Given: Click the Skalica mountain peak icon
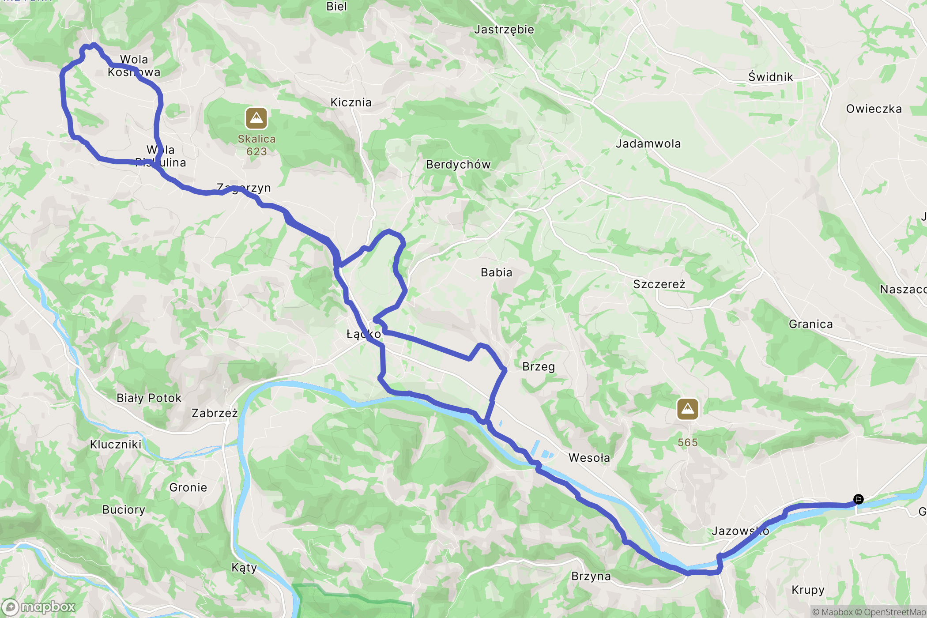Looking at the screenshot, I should coord(256,118).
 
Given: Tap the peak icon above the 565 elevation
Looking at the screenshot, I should coord(687,409).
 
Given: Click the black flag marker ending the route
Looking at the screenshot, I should coord(858,499).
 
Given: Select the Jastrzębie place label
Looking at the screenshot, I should coord(504,30).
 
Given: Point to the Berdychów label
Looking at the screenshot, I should coord(458,165).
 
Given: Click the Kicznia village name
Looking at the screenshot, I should coord(351,102).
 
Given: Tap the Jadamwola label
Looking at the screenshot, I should coord(648,144).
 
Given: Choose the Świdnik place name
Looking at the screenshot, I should coord(770,77).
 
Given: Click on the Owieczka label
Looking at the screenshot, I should coord(874,109).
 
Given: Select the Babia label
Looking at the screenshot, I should coord(496,272).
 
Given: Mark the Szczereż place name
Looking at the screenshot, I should coord(659,284).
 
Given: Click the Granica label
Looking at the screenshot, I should coord(810,324).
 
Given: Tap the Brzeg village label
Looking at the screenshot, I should coord(538,367).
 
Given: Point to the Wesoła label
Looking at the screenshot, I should coord(589,458).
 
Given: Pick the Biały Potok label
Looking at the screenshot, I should coord(149,398).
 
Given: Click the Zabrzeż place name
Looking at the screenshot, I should coord(215,413).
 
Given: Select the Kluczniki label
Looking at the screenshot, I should coord(116,445).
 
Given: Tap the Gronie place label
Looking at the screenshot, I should coord(188,488).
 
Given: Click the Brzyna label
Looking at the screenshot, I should coord(591,577).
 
